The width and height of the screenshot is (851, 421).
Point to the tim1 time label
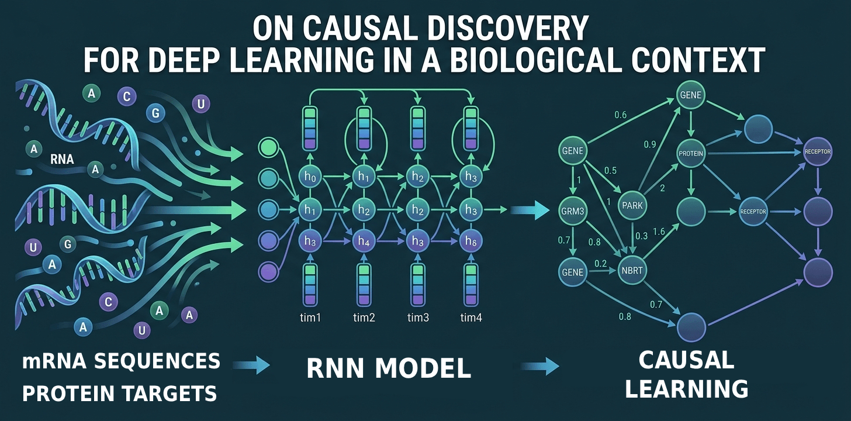(309, 318)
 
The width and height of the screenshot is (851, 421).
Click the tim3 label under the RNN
(418, 318)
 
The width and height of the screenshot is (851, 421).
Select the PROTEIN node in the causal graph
(691, 154)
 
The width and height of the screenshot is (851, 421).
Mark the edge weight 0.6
(620, 115)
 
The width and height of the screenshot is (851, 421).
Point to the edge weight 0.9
(649, 144)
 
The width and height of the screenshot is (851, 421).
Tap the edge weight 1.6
(659, 232)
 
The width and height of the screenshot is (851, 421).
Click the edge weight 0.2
(600, 264)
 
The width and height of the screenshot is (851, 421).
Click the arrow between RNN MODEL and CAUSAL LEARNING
(539, 367)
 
